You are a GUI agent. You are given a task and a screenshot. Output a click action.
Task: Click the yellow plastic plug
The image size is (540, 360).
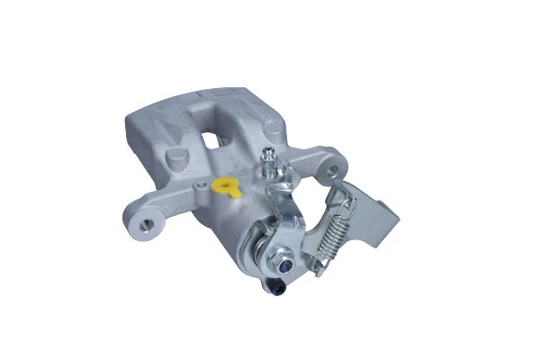click(x=226, y=188)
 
